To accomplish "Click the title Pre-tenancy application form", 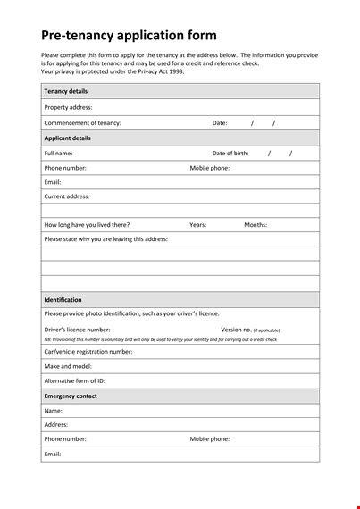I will pos(129,36).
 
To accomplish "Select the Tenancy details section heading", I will pos(65,91).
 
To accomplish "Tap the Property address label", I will pos(68,107).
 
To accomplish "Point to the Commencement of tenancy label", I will pos(82,123).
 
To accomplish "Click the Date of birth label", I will pos(230,154).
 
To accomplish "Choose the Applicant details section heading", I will pos(67,138).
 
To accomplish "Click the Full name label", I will pos(58,154).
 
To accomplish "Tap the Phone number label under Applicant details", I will pos(65,168).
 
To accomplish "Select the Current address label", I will pos(67,196).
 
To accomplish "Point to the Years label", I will pos(198,225).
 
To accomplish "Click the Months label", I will pos(255,225).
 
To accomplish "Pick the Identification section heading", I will pos(63,300).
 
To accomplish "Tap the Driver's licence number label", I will pos(78,330).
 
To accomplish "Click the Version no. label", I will pos(236,330).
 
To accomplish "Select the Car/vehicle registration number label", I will pos(88,352).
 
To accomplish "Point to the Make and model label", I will pos(68,366).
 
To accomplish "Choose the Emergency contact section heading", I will pos(71,396).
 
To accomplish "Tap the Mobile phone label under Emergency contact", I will pos(210,439).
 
